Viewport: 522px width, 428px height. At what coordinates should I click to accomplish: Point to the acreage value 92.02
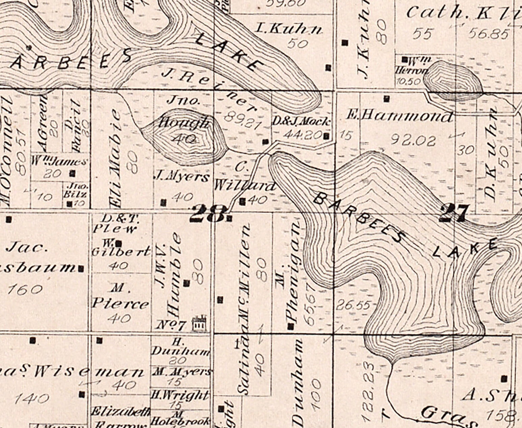tap(411, 140)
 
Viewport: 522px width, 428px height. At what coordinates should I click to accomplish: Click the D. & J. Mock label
tap(301, 121)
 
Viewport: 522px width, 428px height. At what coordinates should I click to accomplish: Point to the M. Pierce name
tap(120, 297)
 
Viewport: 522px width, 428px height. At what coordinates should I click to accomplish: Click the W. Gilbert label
tap(121, 251)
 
